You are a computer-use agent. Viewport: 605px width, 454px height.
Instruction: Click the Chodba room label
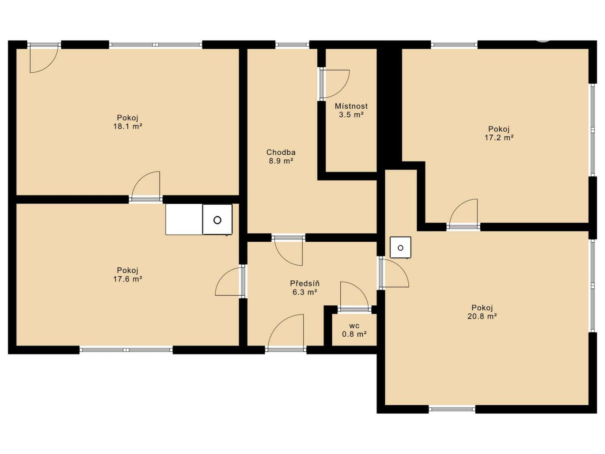pos(281,152)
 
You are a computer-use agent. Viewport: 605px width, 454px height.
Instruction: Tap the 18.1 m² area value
pos(128,127)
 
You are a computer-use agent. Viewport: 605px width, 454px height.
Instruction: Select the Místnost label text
pos(351,106)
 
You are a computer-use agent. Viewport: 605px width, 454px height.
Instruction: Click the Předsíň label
pos(305,283)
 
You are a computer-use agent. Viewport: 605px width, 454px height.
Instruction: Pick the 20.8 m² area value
pos(482,316)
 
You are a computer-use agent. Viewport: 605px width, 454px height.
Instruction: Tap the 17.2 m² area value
pos(499,137)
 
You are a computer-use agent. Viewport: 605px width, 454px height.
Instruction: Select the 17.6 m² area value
pos(128,279)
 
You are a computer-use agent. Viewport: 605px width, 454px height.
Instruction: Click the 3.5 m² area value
pos(351,115)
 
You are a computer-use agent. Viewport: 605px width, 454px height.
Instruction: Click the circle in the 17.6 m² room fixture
pos(218,220)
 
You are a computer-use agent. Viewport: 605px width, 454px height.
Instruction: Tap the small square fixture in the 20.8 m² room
pos(400,247)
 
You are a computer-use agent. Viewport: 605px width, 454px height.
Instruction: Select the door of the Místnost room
pos(334,84)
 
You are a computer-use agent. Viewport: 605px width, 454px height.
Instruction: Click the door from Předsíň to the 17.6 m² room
pos(229,282)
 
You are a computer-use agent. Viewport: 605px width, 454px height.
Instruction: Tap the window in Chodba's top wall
pos(292,45)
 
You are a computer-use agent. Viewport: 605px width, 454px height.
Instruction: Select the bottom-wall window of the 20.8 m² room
pos(452,409)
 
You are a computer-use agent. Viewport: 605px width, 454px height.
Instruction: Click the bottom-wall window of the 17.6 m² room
pos(126,350)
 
